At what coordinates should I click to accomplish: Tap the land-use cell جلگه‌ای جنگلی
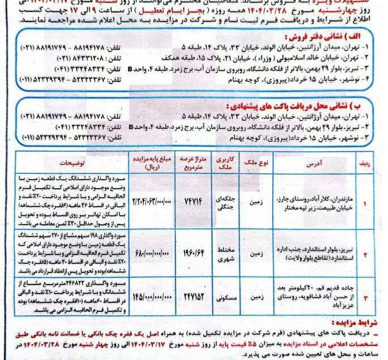coord(227,202)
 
